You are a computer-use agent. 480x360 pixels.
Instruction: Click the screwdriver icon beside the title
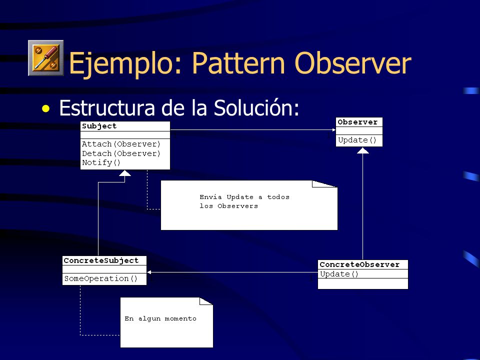click(46, 58)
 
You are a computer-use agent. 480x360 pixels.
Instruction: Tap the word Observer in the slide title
click(353, 63)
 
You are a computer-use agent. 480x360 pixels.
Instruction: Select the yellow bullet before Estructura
click(46, 108)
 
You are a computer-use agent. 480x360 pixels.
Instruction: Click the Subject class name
click(99, 126)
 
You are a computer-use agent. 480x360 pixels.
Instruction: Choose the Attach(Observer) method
click(121, 144)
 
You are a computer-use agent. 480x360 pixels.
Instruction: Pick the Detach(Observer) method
click(121, 153)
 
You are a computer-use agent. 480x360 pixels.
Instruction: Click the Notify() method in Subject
click(101, 162)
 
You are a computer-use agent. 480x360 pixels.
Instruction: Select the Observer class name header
click(357, 122)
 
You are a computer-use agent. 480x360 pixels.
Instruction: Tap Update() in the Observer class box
click(357, 140)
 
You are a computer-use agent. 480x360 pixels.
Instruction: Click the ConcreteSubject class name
click(101, 260)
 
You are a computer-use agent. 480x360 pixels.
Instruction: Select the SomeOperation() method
click(100, 278)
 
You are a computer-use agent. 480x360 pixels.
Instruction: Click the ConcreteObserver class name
click(359, 264)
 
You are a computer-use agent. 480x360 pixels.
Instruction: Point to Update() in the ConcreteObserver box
click(339, 274)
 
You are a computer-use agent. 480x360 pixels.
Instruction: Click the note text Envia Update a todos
click(244, 197)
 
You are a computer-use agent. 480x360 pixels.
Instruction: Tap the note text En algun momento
click(160, 318)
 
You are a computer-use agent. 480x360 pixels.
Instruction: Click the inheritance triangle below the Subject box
click(125, 173)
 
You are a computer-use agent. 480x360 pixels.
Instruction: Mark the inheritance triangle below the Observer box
click(363, 150)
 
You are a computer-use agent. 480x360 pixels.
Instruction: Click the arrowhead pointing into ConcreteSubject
click(149, 272)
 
